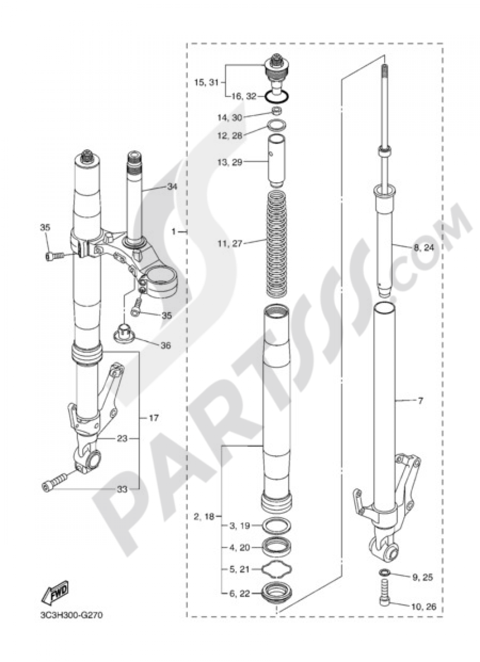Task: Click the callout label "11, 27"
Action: [229, 244]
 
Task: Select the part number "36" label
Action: [166, 345]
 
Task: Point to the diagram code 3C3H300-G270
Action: [71, 615]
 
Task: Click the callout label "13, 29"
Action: [230, 163]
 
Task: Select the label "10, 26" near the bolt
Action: [424, 606]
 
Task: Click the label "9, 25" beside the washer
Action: [422, 577]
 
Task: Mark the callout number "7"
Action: [420, 401]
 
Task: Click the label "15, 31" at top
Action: [206, 83]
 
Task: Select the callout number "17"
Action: [153, 418]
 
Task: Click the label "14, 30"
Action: [230, 117]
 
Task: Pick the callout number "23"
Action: [122, 438]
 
